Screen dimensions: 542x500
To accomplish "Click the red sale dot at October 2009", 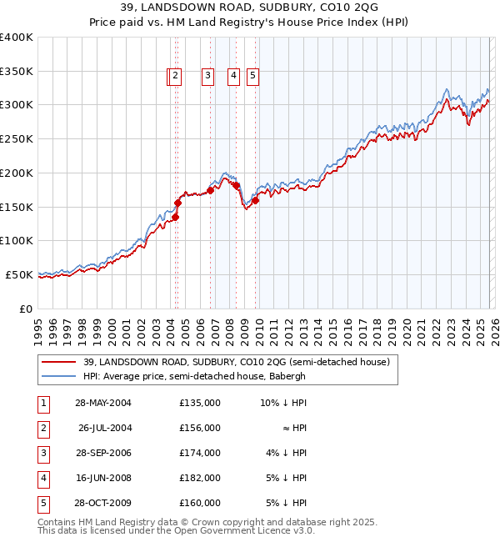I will point(256,200).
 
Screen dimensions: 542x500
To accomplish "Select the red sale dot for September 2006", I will point(210,190).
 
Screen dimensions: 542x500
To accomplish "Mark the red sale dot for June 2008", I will point(236,185).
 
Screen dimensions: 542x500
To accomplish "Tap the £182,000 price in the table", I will point(200,479).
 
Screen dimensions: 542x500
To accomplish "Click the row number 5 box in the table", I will point(42,504).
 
